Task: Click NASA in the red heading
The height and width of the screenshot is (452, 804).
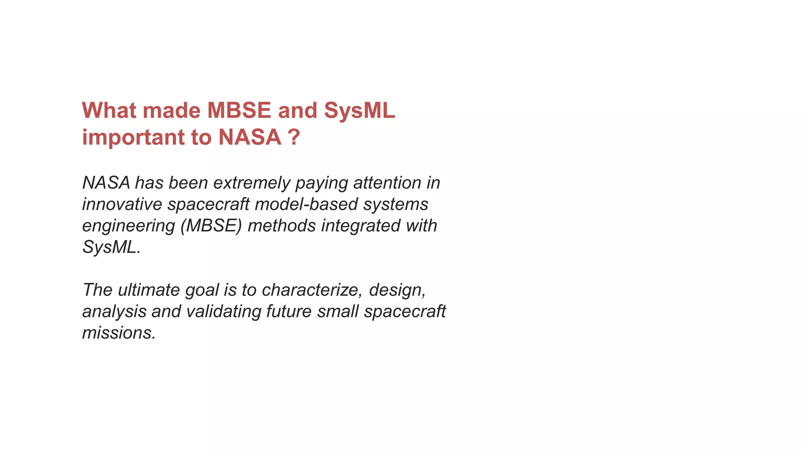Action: tap(250, 137)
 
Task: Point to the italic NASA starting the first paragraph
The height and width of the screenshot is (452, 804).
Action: tap(106, 183)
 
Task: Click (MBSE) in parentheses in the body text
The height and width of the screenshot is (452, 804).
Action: tap(211, 226)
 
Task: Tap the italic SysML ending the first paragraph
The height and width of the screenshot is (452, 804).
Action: tap(111, 248)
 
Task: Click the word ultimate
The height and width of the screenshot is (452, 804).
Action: tap(148, 290)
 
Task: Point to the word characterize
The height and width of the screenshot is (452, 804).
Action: tap(312, 290)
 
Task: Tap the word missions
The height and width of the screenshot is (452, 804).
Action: tap(119, 333)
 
